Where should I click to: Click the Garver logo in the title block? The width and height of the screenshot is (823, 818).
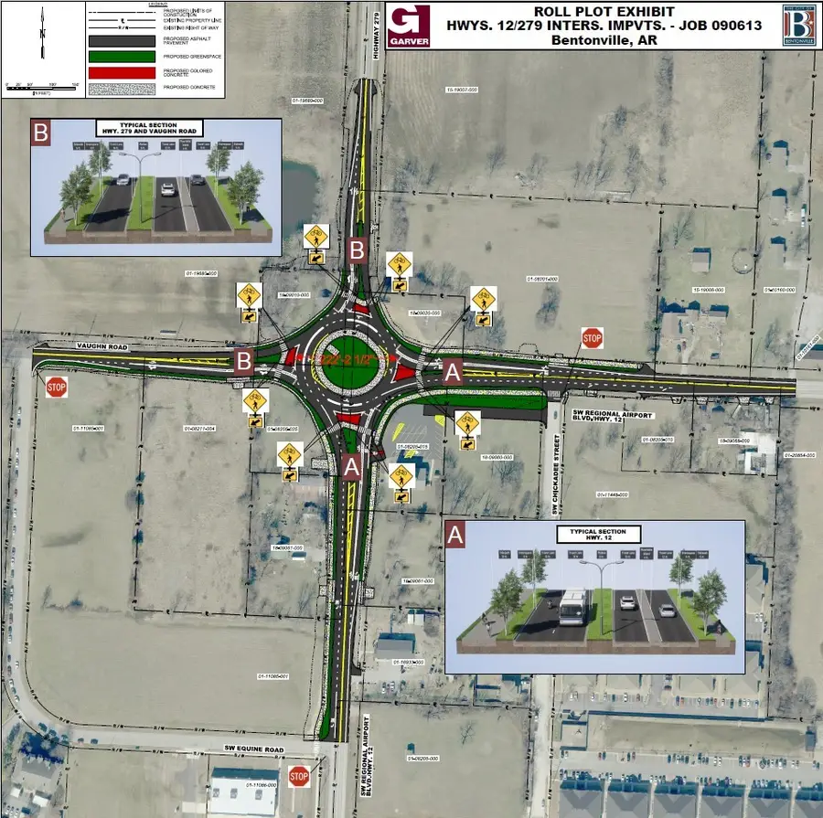point(409,27)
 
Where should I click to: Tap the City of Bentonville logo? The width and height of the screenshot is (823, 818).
point(799,25)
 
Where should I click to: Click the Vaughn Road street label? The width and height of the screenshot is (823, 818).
point(99,347)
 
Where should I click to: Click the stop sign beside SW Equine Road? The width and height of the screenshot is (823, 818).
point(299,777)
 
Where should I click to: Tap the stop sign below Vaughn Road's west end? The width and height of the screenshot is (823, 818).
point(57,387)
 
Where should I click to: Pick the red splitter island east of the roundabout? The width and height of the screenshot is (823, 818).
point(404,372)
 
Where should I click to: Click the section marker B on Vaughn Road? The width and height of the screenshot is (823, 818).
point(243,360)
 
